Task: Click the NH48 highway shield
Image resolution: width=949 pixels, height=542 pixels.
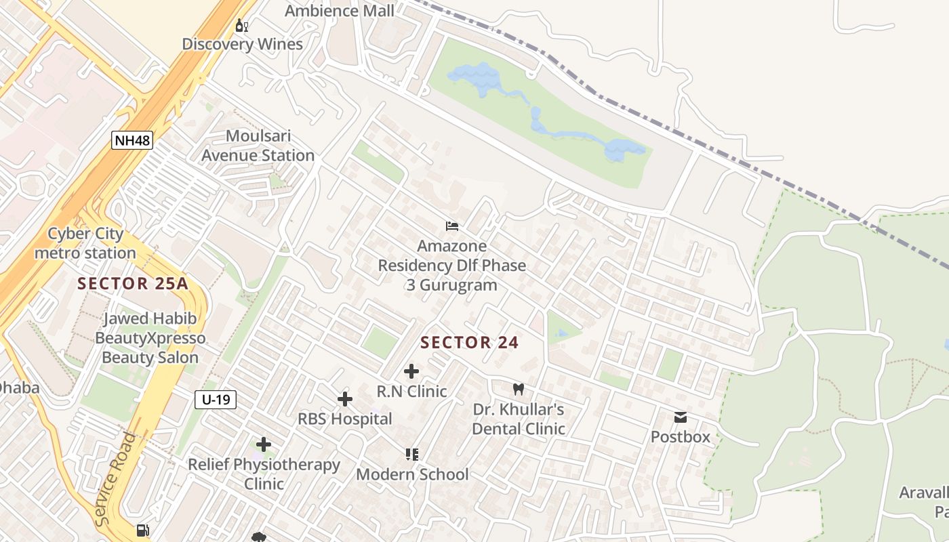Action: click(132, 140)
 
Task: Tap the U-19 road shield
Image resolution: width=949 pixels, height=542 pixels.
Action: click(216, 400)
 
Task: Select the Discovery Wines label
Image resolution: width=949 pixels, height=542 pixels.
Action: click(242, 45)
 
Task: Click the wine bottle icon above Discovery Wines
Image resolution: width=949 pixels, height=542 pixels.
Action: click(241, 26)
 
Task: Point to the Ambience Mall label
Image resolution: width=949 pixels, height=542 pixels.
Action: click(339, 11)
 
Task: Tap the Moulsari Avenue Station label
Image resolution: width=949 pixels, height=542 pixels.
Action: click(258, 146)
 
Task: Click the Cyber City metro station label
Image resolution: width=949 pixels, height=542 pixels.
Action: click(85, 243)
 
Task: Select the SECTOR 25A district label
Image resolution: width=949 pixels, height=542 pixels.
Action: click(132, 283)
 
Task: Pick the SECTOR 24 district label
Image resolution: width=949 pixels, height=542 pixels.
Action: click(469, 343)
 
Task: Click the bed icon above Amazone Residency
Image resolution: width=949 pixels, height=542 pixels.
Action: click(452, 226)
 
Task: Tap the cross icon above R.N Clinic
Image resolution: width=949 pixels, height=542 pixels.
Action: click(411, 371)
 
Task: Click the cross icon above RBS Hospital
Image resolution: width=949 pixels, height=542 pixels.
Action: click(345, 399)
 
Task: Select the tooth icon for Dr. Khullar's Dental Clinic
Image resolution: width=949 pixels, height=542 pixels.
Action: click(519, 390)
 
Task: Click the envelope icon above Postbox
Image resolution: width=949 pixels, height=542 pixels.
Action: click(681, 417)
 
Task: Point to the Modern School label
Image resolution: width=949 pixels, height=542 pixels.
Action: click(412, 474)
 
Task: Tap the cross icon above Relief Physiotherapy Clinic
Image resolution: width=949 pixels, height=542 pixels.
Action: click(264, 444)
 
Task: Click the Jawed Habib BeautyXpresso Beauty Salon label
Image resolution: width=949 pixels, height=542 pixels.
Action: click(150, 338)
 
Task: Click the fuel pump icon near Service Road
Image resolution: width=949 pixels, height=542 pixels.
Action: click(142, 530)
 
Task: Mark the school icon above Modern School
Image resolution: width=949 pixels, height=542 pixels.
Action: click(412, 454)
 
